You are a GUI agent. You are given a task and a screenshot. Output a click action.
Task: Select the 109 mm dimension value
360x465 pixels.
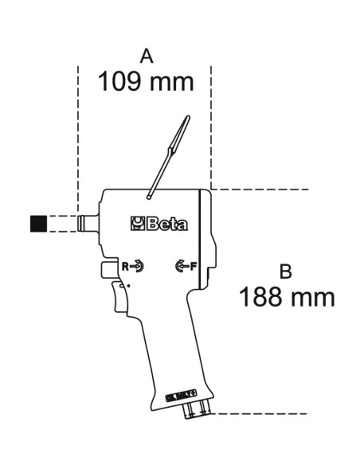pyautogui.click(x=146, y=81)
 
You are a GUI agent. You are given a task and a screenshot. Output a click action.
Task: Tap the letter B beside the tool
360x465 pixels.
pyautogui.click(x=286, y=272)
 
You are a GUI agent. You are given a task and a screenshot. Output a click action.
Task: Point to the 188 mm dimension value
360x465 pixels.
pyautogui.click(x=286, y=298)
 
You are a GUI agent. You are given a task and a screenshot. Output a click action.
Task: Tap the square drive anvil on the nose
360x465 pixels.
pyautogui.click(x=88, y=223)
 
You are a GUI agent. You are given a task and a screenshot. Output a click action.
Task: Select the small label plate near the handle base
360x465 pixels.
pyautogui.click(x=181, y=395)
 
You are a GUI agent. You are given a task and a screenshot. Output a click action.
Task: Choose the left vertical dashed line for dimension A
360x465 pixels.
pyautogui.click(x=77, y=135)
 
